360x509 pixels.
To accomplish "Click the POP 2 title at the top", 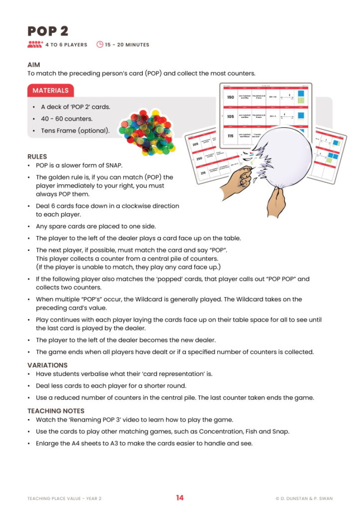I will pyautogui.click(x=48, y=31).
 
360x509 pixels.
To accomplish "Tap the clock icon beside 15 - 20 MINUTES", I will pyautogui.click(x=99, y=45).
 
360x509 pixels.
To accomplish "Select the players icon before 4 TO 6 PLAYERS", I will pyautogui.click(x=35, y=45).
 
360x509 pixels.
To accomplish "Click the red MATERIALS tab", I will pyautogui.click(x=51, y=90).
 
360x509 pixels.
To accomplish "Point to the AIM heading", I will pyautogui.click(x=34, y=65).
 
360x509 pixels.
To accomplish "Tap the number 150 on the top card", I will pyautogui.click(x=230, y=97).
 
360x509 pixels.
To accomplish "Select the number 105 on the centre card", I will pyautogui.click(x=230, y=117).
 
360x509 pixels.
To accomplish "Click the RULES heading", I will pyautogui.click(x=37, y=157).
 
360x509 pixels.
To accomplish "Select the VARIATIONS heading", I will pyautogui.click(x=47, y=365).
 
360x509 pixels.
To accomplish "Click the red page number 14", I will pyautogui.click(x=180, y=498).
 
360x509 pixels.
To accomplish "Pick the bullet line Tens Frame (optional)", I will pyautogui.click(x=75, y=131).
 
